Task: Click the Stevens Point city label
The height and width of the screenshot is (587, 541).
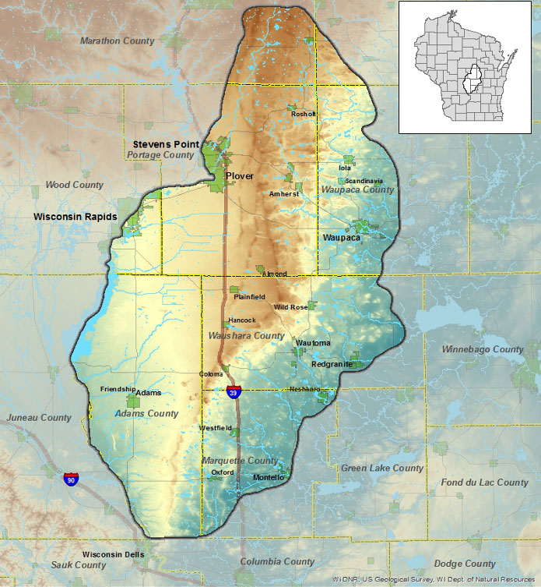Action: (166, 144)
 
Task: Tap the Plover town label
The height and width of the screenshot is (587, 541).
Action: (240, 176)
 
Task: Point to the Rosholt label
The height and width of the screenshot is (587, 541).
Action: (303, 114)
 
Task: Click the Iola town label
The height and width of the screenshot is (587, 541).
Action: (346, 168)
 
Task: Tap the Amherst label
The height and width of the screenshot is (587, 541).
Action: (283, 193)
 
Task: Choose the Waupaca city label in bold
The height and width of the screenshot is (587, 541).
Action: (341, 237)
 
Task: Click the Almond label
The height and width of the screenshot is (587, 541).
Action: (275, 274)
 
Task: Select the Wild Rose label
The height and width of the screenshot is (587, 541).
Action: (291, 307)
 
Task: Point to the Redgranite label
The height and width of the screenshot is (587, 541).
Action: (332, 364)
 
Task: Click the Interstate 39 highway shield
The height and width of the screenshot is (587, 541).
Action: (234, 393)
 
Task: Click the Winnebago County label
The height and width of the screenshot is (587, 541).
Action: (483, 350)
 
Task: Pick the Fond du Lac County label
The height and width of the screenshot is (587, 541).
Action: (483, 483)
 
